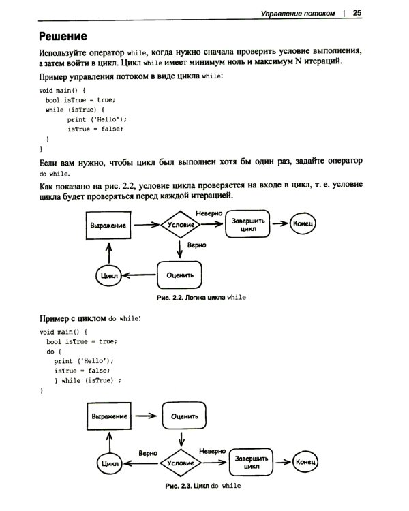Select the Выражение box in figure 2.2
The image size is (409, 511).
click(x=108, y=224)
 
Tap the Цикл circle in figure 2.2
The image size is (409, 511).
click(x=108, y=276)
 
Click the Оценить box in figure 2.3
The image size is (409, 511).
click(x=183, y=416)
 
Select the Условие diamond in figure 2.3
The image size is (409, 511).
click(x=181, y=463)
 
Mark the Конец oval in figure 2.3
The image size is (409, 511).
click(x=305, y=463)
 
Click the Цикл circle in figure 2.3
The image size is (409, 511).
click(x=109, y=463)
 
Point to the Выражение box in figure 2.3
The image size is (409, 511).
click(x=109, y=416)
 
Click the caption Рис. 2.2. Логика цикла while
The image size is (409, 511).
click(x=201, y=298)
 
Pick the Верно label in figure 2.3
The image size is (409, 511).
click(x=149, y=452)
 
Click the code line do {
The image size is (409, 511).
click(x=54, y=352)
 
